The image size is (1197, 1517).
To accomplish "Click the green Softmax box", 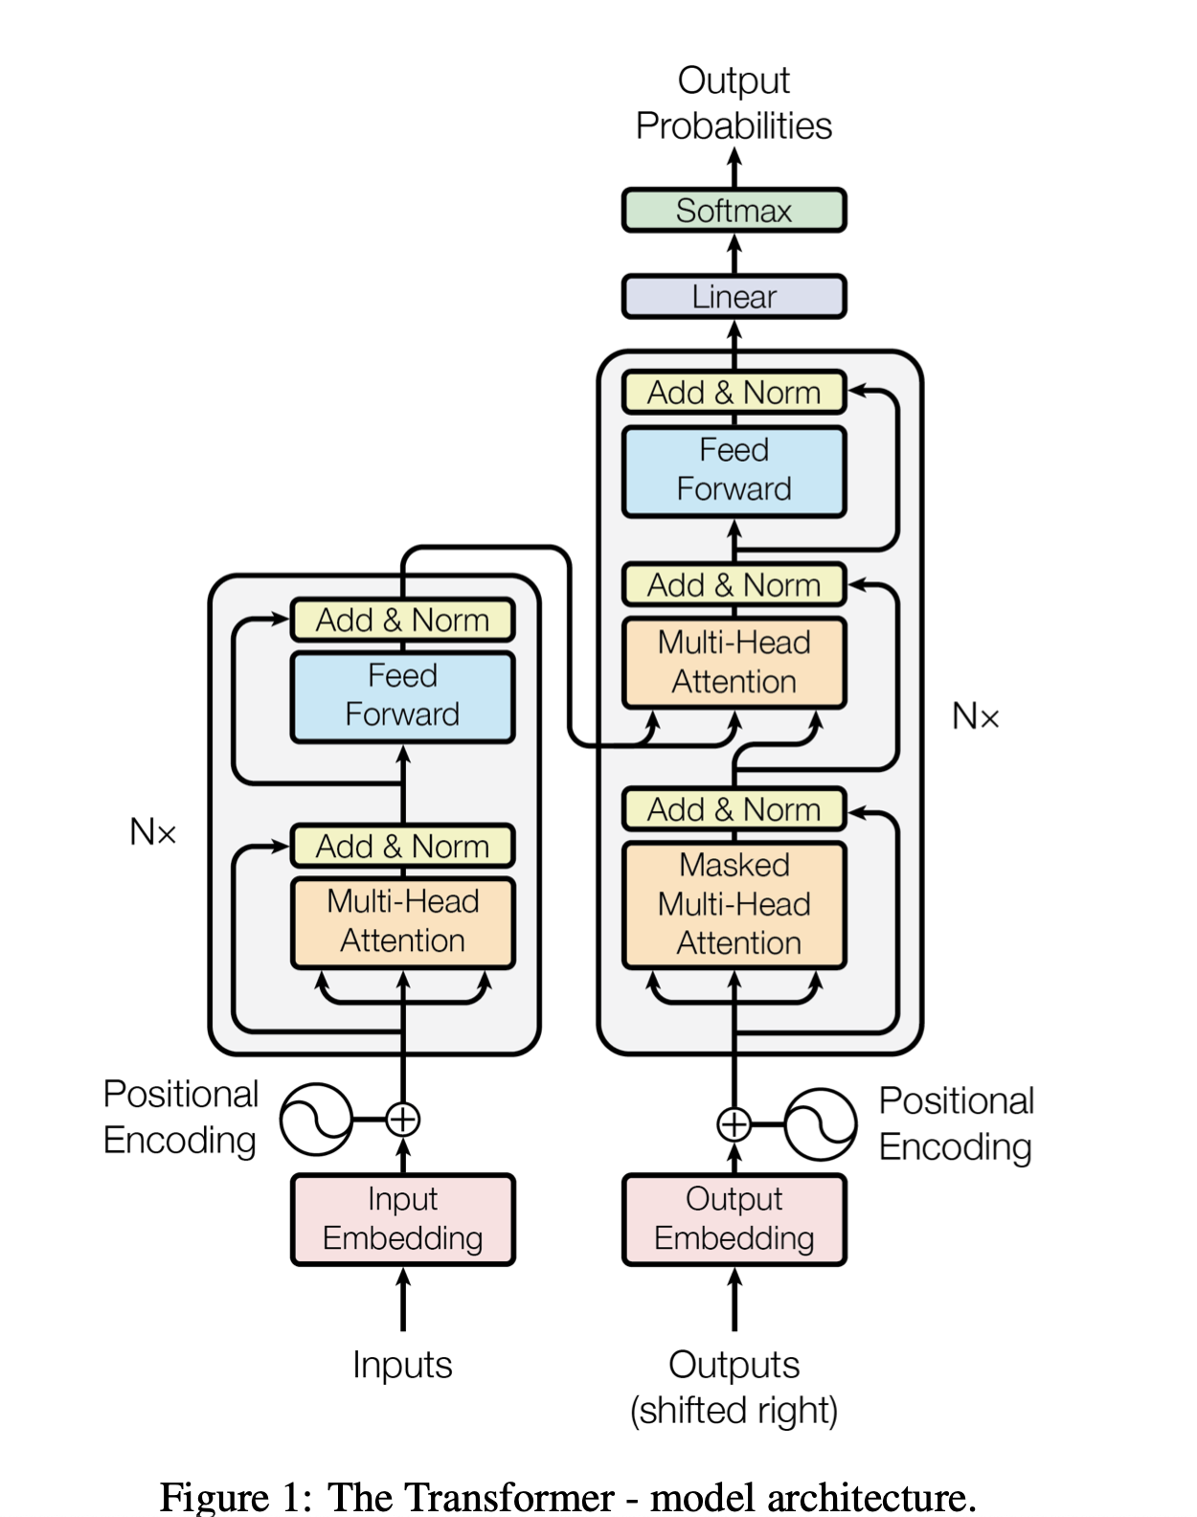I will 734,211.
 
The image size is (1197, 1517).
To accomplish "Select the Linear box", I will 734,297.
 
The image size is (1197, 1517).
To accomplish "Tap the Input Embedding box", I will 402,1219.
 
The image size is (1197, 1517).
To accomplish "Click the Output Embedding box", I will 734,1219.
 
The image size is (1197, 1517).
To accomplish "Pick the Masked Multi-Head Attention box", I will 734,905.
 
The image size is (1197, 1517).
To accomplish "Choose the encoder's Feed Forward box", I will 402,696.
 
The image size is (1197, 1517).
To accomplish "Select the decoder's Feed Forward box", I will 734,471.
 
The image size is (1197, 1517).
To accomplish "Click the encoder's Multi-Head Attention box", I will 402,922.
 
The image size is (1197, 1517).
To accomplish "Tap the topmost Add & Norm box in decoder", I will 734,393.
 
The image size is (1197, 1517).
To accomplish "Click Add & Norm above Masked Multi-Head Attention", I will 734,810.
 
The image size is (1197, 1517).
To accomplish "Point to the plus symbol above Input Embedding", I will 403,1119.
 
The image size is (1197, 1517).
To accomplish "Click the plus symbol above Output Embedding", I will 734,1123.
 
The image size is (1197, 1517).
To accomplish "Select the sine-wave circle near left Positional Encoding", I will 316,1119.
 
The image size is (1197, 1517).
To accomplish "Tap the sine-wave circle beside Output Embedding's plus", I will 821,1123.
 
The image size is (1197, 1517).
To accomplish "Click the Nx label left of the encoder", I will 153,831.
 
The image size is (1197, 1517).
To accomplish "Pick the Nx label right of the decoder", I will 975,716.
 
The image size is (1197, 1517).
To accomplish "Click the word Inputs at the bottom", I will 402,1365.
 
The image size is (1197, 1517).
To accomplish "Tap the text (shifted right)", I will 734,1411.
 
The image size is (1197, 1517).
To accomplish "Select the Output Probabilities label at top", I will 734,103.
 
